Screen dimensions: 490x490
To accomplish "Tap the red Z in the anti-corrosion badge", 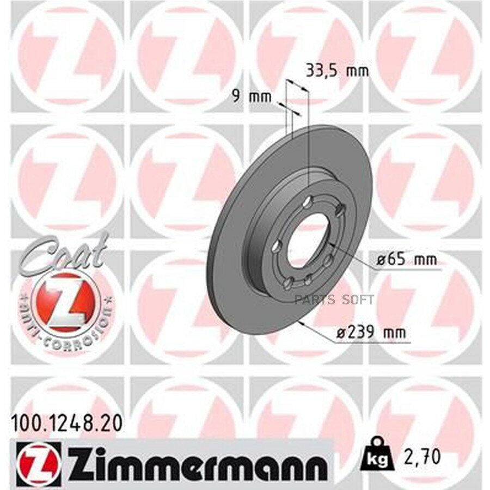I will pyautogui.click(x=66, y=301).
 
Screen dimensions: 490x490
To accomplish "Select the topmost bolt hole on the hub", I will pyautogui.click(x=309, y=203).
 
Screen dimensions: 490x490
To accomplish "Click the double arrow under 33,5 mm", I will pyautogui.click(x=297, y=89).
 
